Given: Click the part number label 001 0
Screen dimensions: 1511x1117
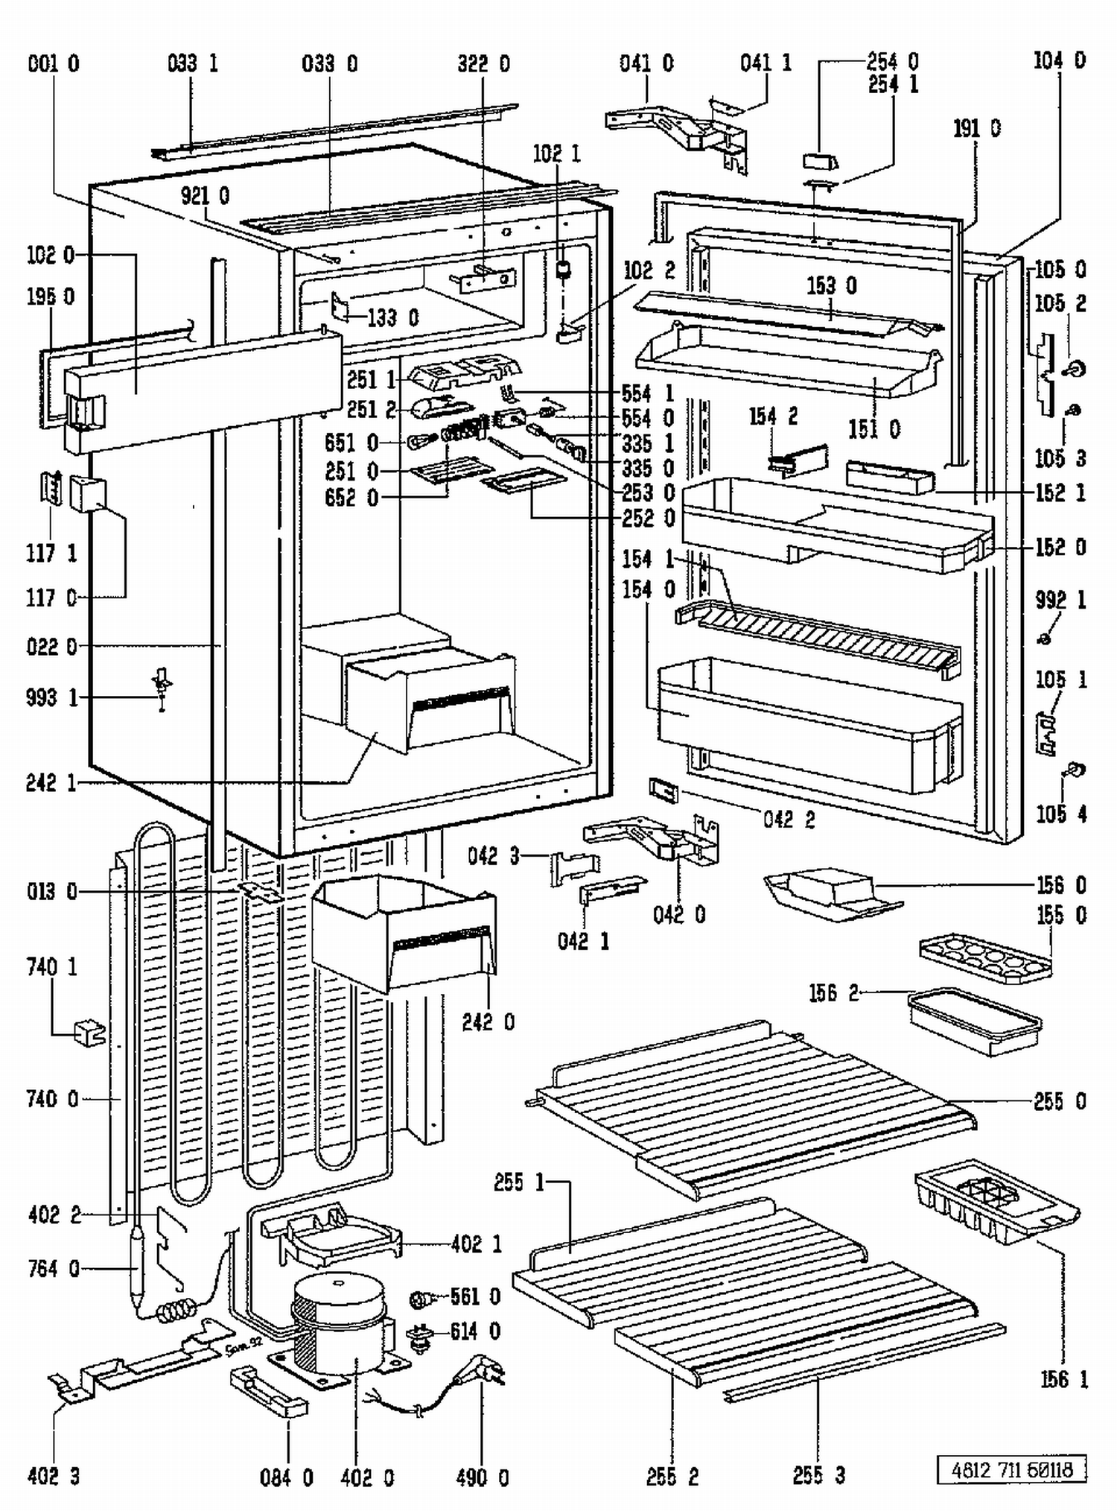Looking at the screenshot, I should point(53,64).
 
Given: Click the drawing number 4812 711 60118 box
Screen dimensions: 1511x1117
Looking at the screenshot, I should point(1011,1469).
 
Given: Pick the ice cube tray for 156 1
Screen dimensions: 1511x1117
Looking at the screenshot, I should point(994,1203).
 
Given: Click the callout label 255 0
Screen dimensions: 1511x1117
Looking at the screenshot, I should point(1059,1101).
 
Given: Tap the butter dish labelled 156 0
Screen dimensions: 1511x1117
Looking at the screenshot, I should point(830,890).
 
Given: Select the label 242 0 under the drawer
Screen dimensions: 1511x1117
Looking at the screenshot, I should point(488,1021).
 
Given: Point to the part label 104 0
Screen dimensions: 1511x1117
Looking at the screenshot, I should point(1059,61).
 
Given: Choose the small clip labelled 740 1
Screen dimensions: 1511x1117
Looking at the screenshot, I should point(89,1033).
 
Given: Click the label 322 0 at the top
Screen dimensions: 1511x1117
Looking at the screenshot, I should point(483,64).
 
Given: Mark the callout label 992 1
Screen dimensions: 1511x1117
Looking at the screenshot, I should point(1060,601).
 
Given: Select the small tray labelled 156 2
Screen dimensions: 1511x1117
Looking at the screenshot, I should point(974,1021).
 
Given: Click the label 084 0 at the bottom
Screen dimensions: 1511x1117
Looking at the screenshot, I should point(286,1477).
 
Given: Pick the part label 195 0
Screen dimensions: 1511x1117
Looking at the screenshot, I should point(51,297).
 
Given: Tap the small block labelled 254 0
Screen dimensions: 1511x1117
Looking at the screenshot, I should point(820,161).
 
